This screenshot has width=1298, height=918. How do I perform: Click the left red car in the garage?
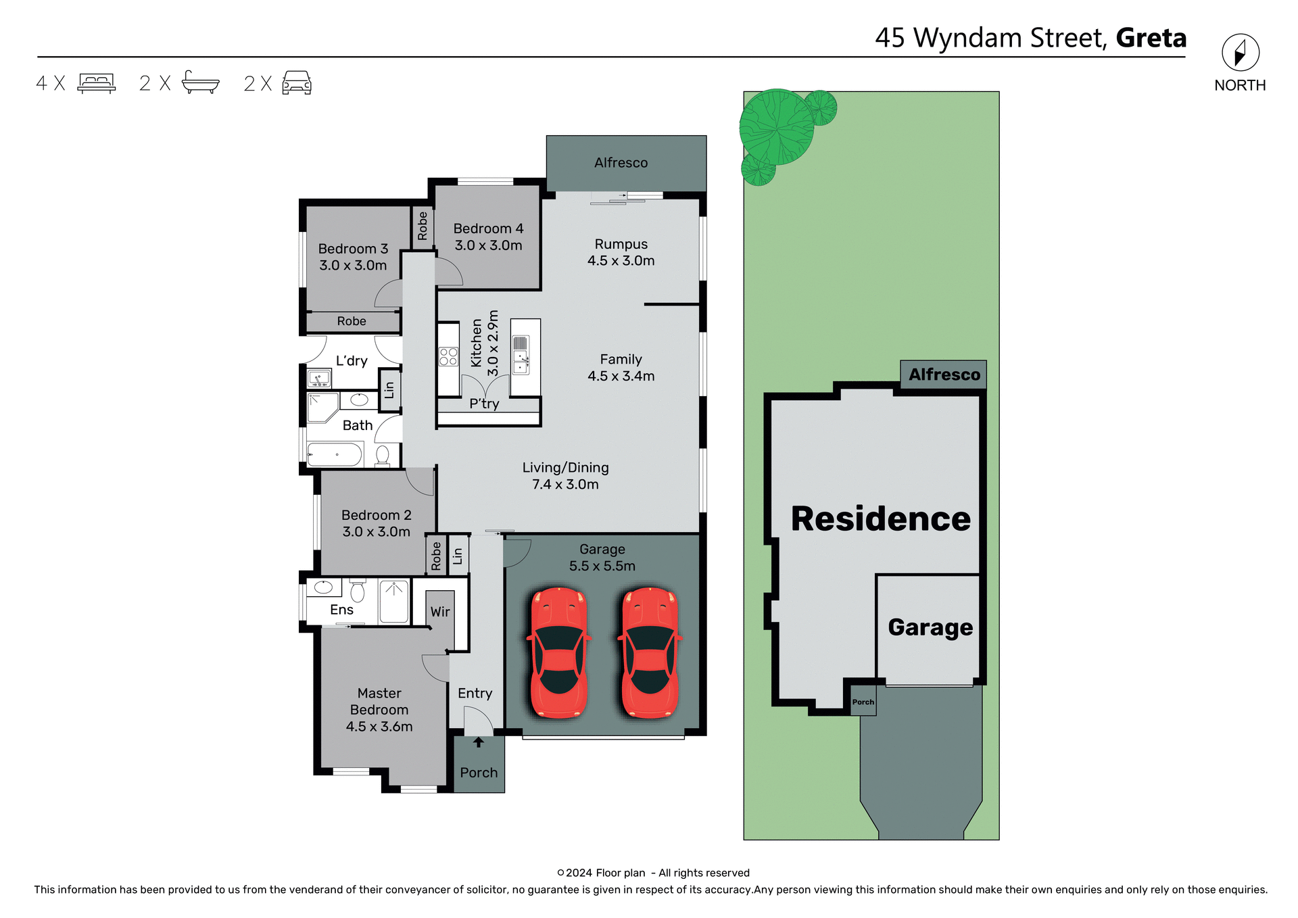click(x=559, y=652)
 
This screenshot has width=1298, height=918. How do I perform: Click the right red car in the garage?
click(x=650, y=652)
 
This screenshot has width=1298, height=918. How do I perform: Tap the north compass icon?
click(x=1240, y=53)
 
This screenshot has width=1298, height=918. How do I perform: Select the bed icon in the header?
click(x=97, y=82)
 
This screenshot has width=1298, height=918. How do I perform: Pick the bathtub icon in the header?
click(x=200, y=82)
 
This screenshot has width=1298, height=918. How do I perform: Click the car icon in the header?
click(x=297, y=82)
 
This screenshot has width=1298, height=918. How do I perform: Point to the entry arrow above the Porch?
click(x=479, y=742)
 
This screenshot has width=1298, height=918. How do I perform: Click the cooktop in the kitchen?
click(x=448, y=357)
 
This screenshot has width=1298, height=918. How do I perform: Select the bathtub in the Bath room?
click(x=335, y=454)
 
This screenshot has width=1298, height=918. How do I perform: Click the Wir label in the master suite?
click(x=440, y=612)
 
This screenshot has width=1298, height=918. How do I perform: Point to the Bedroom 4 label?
click(x=488, y=229)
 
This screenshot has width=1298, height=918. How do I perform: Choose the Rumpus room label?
click(x=621, y=245)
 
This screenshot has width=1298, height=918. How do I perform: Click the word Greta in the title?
click(x=1151, y=38)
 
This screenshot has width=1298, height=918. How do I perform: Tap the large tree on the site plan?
click(x=777, y=127)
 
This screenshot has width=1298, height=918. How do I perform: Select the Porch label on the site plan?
click(x=863, y=702)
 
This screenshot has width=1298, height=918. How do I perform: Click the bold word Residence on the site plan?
click(x=880, y=518)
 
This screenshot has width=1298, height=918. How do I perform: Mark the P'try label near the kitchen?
click(x=484, y=404)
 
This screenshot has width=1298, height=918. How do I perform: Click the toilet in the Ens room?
click(x=358, y=591)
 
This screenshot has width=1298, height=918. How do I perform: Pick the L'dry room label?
click(x=352, y=361)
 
